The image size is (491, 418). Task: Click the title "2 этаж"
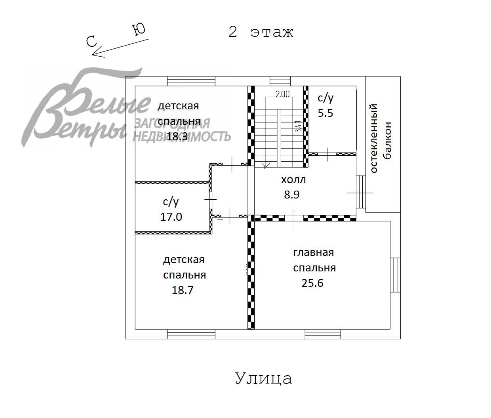[x=261, y=32]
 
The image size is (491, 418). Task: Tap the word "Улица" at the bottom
[x=264, y=378]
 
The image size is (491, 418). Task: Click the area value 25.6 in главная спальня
[x=312, y=283]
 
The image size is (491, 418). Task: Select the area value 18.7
[x=183, y=290]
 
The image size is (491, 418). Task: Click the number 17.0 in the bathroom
[x=171, y=217]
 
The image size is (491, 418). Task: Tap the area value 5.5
[x=325, y=113]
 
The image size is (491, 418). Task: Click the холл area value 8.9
[x=292, y=195]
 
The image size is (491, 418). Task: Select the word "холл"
[x=293, y=179]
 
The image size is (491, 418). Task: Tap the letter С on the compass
[x=91, y=41]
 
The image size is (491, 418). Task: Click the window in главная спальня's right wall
[x=395, y=275]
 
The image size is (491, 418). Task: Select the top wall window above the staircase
[x=280, y=81]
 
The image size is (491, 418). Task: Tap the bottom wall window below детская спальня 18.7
[x=191, y=334]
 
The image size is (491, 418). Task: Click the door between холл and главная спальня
[x=294, y=218]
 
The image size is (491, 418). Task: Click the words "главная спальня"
[x=314, y=260]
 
